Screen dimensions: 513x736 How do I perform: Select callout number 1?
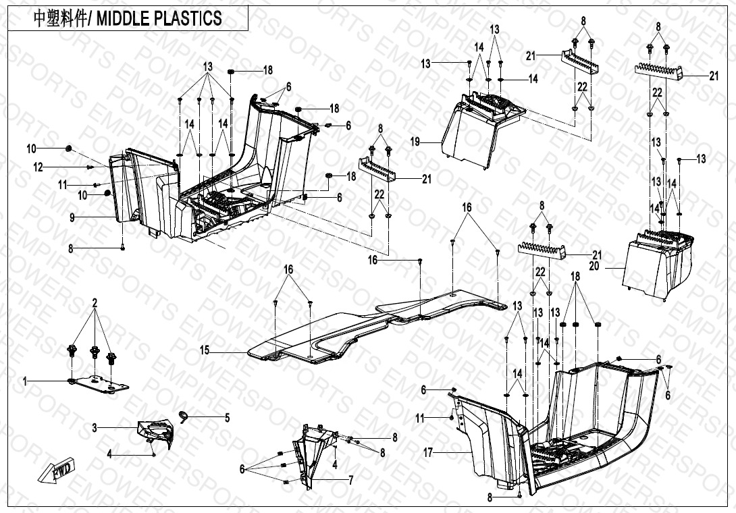[25, 382]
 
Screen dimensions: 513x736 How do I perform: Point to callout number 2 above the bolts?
[95, 303]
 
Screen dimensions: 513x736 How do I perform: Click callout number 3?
[95, 427]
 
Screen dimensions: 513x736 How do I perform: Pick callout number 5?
[227, 418]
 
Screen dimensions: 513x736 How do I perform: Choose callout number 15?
[205, 351]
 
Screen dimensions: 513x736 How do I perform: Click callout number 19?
[415, 142]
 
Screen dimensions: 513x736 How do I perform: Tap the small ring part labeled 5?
[183, 413]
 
